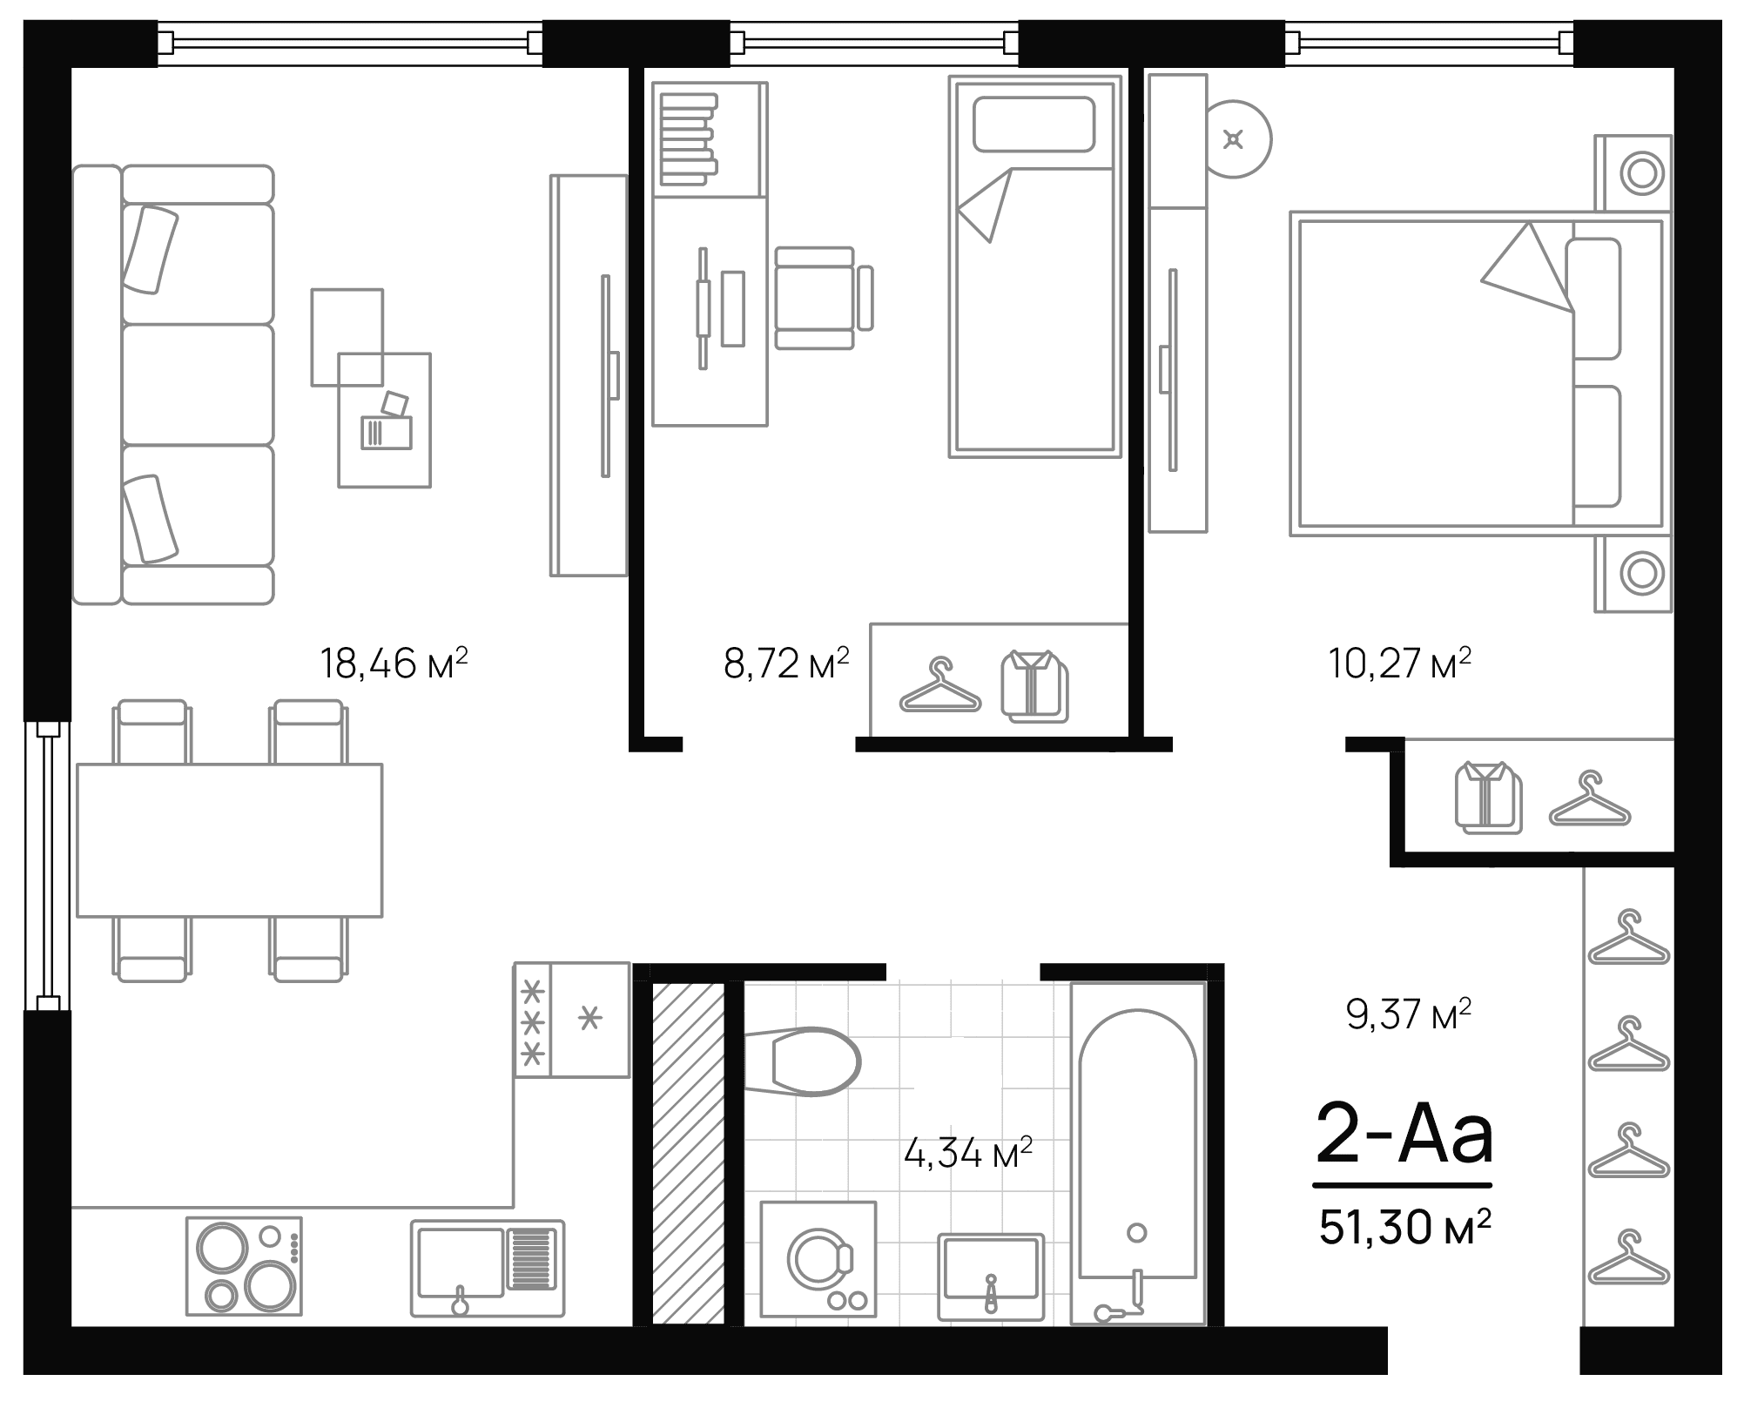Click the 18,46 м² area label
[x=394, y=664]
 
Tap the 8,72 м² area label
[x=785, y=664]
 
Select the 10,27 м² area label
[x=1399, y=664]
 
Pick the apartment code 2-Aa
[x=1404, y=1135]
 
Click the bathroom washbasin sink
[x=991, y=1277]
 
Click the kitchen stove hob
[x=244, y=1265]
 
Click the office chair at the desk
[x=818, y=298]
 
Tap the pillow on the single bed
[x=1034, y=125]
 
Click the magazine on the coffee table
[x=386, y=432]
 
